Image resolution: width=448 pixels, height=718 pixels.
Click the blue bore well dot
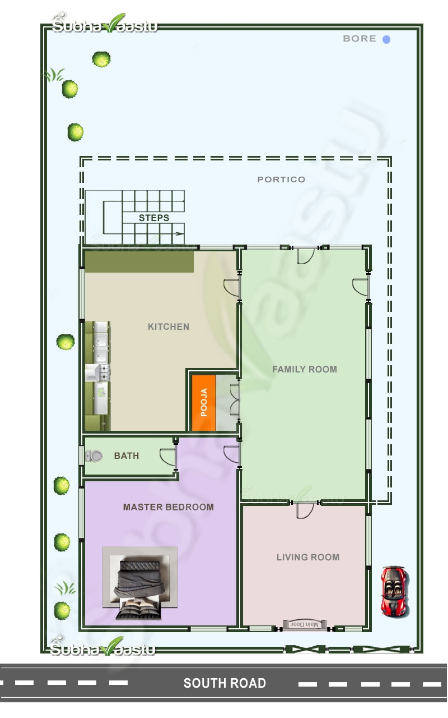386,39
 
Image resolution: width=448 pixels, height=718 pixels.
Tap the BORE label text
360,39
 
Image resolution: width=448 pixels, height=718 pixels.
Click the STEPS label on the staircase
154,218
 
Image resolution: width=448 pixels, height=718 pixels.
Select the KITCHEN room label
169,326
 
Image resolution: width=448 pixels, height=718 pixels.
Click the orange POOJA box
204,403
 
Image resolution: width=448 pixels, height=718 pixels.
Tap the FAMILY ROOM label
305,369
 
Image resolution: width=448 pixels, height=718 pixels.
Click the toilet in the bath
94,456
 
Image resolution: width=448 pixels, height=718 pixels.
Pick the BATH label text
127,455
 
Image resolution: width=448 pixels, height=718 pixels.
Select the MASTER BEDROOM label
169,507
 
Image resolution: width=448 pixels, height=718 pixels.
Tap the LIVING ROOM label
308,557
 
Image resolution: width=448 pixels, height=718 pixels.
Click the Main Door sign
304,625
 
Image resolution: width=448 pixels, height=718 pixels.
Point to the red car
394,591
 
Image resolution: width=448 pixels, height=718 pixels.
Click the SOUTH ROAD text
225,683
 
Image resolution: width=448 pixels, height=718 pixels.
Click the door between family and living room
305,509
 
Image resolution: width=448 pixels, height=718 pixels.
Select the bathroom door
169,457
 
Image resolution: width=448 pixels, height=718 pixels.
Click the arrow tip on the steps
183,233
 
